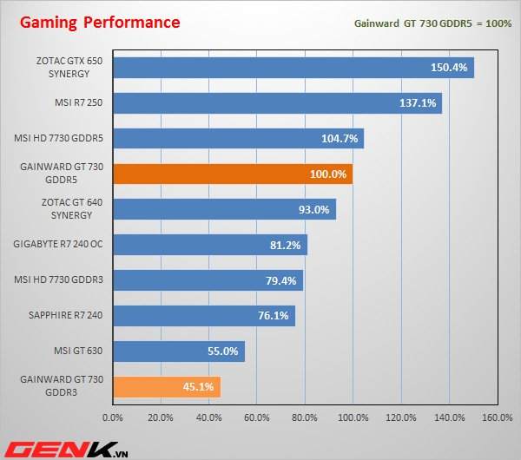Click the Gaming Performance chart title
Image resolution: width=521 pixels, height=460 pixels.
tap(101, 22)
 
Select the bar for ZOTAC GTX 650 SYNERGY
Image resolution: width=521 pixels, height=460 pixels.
tap(293, 67)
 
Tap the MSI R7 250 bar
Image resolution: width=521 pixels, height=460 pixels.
tap(277, 102)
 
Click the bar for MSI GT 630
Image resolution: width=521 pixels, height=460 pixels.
tap(179, 351)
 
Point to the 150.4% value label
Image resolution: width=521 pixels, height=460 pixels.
tap(449, 67)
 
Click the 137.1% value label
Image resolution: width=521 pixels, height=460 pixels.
tap(418, 102)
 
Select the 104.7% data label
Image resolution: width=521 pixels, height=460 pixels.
tap(340, 138)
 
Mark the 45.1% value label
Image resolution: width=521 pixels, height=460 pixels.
tap(199, 387)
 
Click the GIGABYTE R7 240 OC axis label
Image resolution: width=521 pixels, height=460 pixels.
tap(58, 245)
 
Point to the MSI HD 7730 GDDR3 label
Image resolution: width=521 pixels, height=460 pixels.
tap(59, 280)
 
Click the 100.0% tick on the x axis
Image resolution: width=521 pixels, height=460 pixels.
tap(353, 417)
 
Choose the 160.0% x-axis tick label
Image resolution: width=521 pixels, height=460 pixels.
tap(497, 417)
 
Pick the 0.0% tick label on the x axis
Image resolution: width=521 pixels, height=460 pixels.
tap(113, 417)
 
